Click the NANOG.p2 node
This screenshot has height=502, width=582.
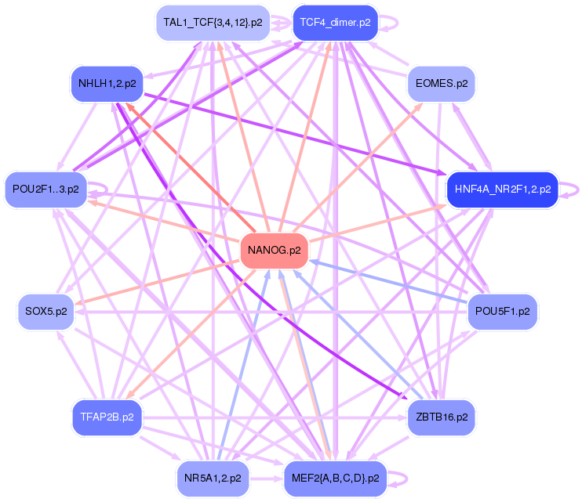click(x=274, y=251)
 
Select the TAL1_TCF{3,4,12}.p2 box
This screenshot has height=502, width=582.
click(x=213, y=23)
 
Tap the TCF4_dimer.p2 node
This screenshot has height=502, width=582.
click(x=335, y=23)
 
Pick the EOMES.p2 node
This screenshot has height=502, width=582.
click(x=441, y=83)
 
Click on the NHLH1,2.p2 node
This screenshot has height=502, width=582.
click(x=107, y=83)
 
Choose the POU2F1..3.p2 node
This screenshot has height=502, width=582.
click(x=46, y=190)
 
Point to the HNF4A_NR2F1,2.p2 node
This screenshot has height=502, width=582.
click(x=501, y=189)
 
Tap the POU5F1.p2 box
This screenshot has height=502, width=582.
click(x=502, y=312)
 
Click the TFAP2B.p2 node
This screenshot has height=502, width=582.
click(x=107, y=417)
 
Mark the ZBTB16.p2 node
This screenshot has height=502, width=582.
click(x=441, y=417)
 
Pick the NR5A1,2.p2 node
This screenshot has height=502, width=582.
click(x=212, y=476)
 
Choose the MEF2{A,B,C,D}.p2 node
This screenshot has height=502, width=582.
click(x=335, y=476)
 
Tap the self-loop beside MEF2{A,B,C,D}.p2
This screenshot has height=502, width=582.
click(x=405, y=476)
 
